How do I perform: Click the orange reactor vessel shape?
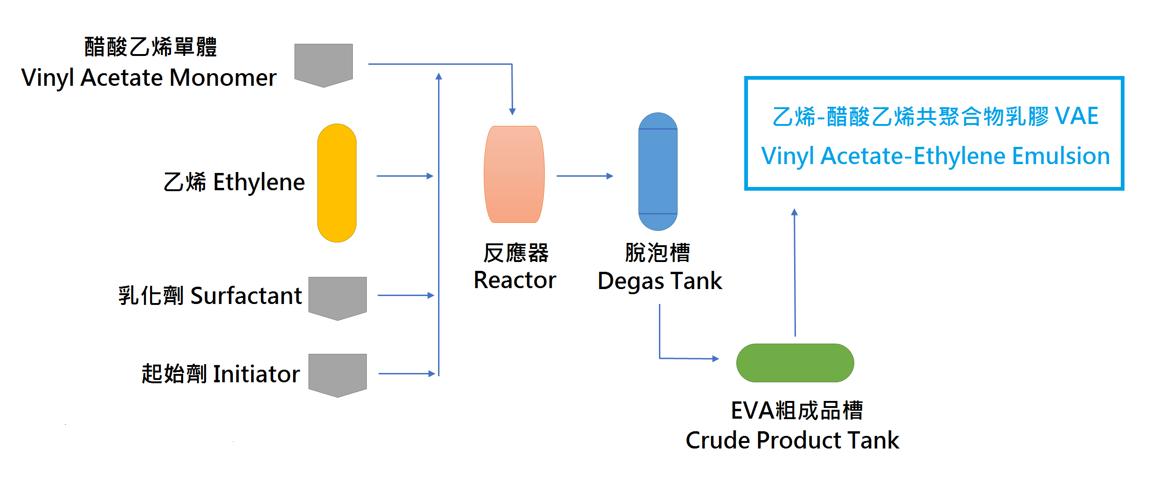514,174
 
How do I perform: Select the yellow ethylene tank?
336,183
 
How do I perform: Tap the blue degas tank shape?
658,172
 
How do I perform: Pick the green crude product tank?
795,363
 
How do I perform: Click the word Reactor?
514,280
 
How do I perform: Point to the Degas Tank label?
659,281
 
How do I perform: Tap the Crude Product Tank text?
792,440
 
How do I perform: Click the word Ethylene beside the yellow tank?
259,182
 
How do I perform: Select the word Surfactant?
246,296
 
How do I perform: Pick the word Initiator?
256,374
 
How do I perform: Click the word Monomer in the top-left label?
223,78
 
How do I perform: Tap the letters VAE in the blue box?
1077,116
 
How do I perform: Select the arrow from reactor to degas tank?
584,176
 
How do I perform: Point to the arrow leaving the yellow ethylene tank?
405,176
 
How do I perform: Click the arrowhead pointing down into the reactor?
512,111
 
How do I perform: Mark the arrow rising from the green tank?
795,273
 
